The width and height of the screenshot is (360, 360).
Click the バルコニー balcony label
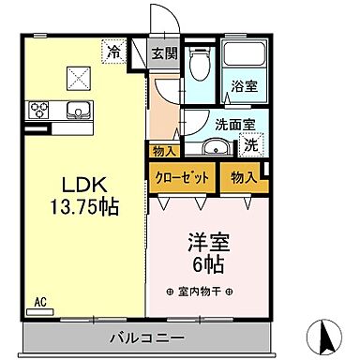tap(151, 334)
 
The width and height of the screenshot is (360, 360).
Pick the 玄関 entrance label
tap(165, 53)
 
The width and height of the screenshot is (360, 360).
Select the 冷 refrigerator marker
tap(114, 52)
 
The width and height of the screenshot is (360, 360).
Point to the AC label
tap(40, 301)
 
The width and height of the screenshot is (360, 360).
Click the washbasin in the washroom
tap(215, 145)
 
